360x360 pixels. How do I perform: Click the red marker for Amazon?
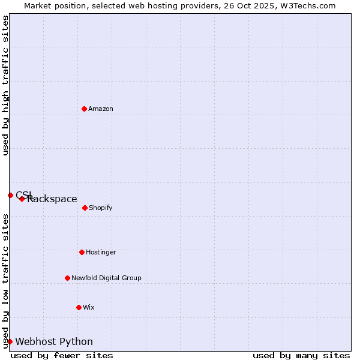click(x=84, y=109)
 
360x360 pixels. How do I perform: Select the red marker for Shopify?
click(x=85, y=208)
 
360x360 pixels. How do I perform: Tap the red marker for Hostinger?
click(x=82, y=252)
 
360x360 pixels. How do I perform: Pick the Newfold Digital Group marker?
click(x=67, y=278)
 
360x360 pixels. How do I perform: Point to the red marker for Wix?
click(x=79, y=307)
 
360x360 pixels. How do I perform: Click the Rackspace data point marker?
click(x=22, y=199)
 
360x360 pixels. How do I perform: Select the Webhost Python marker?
click(x=10, y=341)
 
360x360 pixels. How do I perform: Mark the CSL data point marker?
click(x=10, y=195)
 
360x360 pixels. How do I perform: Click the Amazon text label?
click(x=101, y=109)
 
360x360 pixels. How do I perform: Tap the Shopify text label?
click(x=101, y=208)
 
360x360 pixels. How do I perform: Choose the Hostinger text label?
click(x=101, y=252)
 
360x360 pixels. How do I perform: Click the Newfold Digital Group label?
click(x=106, y=278)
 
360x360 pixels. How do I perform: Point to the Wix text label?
click(x=89, y=307)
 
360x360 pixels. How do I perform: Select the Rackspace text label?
click(x=52, y=199)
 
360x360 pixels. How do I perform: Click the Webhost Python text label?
click(x=54, y=342)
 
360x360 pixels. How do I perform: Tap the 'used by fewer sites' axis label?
click(x=62, y=355)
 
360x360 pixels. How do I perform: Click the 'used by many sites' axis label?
click(x=301, y=355)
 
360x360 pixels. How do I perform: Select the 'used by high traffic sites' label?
click(x=5, y=85)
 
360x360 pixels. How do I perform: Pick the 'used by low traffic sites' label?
click(x=5, y=281)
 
